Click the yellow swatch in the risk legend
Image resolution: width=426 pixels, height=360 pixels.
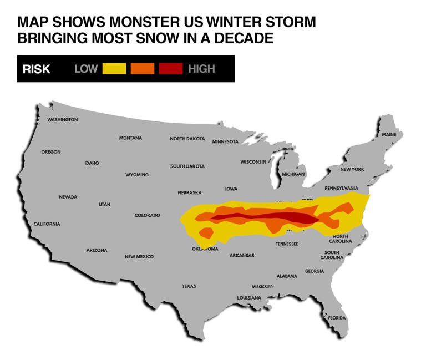tap(114, 69)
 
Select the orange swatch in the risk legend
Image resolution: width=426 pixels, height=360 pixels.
tap(143, 69)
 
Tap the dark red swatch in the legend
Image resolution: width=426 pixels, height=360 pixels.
tap(171, 69)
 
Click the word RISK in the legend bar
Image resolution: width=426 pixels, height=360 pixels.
tap(36, 69)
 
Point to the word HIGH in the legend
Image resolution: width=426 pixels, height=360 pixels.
tap(201, 69)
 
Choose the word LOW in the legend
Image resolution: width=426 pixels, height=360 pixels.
tap(86, 69)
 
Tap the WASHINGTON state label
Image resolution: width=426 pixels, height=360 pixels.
tap(62, 120)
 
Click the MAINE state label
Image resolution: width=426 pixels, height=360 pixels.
tap(389, 135)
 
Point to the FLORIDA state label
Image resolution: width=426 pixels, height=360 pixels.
tap(337, 318)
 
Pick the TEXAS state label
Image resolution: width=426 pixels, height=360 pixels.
tap(189, 286)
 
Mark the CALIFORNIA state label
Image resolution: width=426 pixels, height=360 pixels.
tap(47, 224)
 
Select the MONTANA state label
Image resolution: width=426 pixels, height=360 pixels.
tap(130, 138)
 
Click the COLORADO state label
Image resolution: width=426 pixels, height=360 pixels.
tap(147, 215)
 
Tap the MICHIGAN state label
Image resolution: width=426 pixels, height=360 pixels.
tap(293, 174)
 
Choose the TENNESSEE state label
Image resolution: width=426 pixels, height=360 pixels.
tap(287, 244)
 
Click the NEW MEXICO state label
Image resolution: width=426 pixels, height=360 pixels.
tap(139, 257)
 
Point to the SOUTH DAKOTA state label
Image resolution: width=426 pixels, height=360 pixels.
tap(187, 166)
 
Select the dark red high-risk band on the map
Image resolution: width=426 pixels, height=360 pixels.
tap(277, 216)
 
